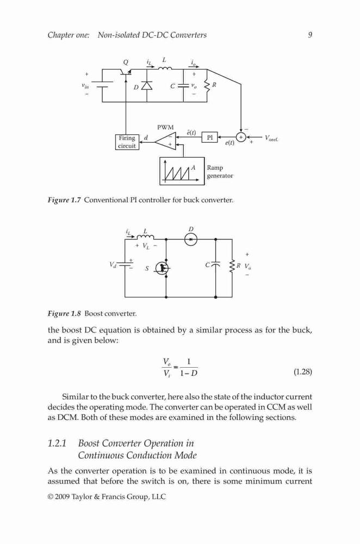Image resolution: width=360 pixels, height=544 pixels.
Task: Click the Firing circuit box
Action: [127, 142]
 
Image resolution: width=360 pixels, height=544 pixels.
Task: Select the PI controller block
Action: [210, 138]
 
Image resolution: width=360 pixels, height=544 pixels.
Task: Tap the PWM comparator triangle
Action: [165, 141]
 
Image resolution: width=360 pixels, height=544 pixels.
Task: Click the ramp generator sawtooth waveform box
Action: [182, 171]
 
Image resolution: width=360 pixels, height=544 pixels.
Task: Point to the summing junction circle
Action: [241, 137]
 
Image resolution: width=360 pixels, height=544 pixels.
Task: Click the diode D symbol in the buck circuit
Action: [147, 85]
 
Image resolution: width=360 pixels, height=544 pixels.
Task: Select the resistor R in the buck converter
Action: [207, 86]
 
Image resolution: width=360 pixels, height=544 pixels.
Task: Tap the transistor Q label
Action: [126, 62]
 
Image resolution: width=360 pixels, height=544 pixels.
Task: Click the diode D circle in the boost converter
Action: [190, 239]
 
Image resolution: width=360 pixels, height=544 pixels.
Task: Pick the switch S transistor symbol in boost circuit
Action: [162, 268]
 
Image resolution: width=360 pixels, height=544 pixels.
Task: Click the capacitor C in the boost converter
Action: [215, 264]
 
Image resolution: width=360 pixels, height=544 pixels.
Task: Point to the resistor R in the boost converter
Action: [232, 267]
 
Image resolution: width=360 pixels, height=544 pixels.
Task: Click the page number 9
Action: [310, 35]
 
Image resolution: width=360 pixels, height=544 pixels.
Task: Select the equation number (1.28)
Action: [303, 372]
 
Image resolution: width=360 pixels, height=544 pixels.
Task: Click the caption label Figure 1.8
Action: [64, 314]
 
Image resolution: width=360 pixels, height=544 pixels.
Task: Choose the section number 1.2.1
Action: [57, 443]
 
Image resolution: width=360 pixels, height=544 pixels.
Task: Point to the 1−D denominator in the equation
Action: [189, 373]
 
